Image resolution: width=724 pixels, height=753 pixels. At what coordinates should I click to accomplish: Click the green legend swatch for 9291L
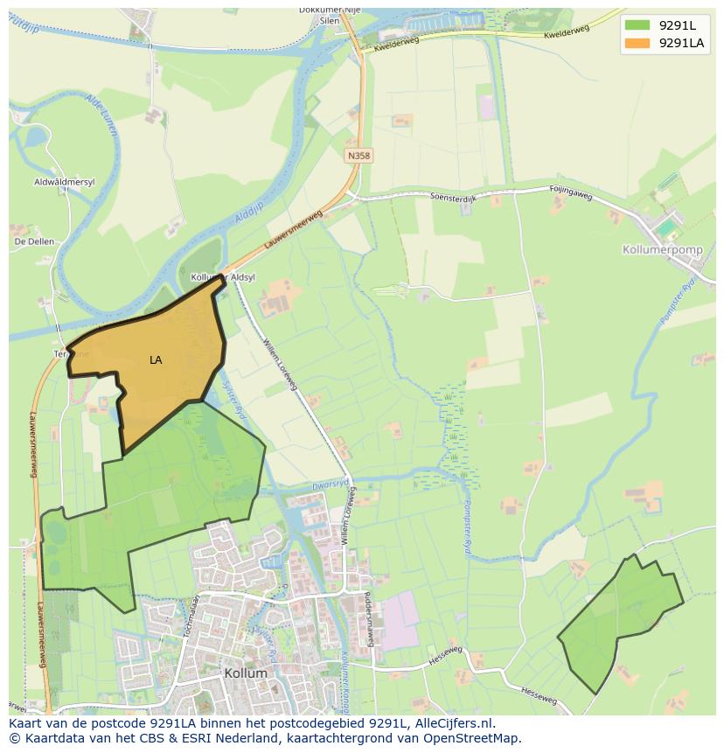(x=637, y=24)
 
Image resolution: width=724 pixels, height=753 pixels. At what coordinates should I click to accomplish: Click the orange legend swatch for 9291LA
(x=637, y=43)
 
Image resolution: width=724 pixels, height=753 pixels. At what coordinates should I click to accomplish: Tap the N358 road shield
(x=359, y=155)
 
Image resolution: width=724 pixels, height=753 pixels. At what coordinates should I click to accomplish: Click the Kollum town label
(x=245, y=673)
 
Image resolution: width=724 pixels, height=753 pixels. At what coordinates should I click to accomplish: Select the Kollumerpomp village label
(x=662, y=249)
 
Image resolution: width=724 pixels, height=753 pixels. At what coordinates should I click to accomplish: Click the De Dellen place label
(x=34, y=241)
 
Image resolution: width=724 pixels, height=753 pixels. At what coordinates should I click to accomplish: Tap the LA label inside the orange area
(x=156, y=359)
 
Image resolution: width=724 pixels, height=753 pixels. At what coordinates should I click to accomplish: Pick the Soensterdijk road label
(x=454, y=196)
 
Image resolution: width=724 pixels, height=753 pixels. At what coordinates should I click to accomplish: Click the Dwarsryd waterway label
(x=330, y=483)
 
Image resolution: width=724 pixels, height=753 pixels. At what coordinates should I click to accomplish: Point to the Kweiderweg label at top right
(x=566, y=32)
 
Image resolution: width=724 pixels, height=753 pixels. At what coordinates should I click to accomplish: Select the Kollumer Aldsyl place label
(x=223, y=276)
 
